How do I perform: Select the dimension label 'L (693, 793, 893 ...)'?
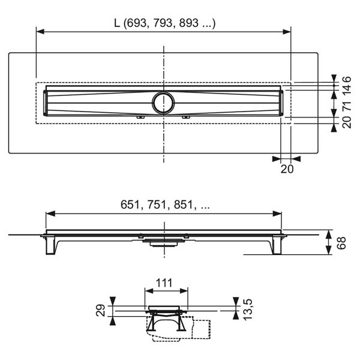[165, 23]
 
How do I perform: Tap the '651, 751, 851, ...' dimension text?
[165, 205]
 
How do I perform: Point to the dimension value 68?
[341, 242]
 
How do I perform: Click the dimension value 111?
[164, 283]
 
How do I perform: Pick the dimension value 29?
[101, 310]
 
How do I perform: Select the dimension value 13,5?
[248, 309]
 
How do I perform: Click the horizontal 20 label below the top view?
[287, 169]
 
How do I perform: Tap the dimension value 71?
[347, 106]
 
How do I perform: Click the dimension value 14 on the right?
[347, 90]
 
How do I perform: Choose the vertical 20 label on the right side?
[347, 122]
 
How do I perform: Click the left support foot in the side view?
[50, 245]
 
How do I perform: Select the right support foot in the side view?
[277, 245]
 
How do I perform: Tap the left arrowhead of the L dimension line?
[40, 32]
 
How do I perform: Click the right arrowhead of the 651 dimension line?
[277, 214]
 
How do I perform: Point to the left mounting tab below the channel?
[140, 118]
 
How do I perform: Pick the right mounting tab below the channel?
[186, 118]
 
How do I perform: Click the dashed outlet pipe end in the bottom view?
[202, 329]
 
